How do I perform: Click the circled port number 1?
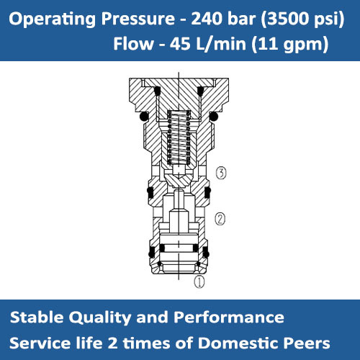(199, 282)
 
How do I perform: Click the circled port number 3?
(222, 172)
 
